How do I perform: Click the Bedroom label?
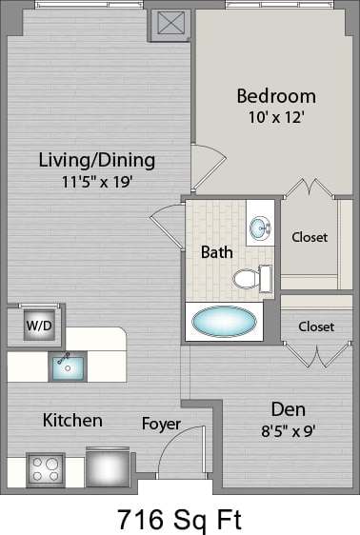coord(275,96)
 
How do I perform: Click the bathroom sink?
coord(259,228)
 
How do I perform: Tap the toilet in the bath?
coord(250,278)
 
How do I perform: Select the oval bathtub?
coord(225,322)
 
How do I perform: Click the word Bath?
coord(216,252)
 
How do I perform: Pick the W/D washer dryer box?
coord(39,325)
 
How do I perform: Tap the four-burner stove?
coord(45,467)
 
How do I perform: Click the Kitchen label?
coord(72,420)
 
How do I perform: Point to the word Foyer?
coord(161,423)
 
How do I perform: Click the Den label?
coord(288,409)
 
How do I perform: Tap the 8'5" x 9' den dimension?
coord(288,429)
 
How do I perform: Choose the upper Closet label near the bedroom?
coord(310,236)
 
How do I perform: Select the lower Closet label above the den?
coord(316,327)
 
